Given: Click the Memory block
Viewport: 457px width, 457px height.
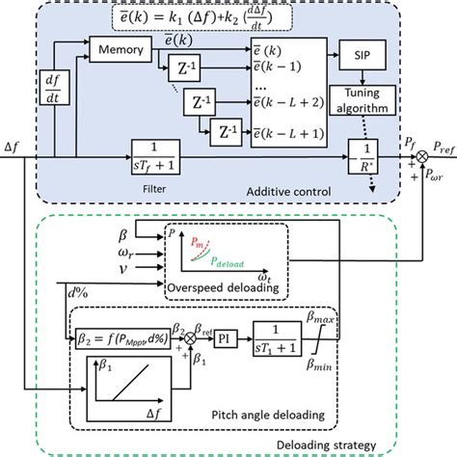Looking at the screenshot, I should coord(118,47).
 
